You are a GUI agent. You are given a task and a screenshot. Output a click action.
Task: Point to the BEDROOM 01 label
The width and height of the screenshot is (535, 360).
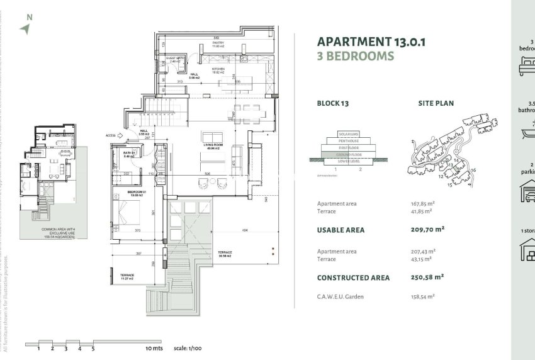(x=137, y=193)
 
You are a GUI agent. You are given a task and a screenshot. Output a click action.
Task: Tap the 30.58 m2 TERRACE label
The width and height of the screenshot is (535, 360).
(x=225, y=254)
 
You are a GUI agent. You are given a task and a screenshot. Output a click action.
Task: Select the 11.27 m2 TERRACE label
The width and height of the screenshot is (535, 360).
(x=128, y=277)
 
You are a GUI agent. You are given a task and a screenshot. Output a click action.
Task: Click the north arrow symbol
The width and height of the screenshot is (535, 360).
(x=25, y=28)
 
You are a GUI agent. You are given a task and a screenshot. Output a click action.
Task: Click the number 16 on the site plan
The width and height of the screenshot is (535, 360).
(x=473, y=170)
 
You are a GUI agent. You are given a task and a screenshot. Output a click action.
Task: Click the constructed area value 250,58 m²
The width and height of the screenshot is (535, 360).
(x=427, y=277)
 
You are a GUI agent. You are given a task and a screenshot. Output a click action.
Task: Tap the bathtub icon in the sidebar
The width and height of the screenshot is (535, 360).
(x=526, y=132)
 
